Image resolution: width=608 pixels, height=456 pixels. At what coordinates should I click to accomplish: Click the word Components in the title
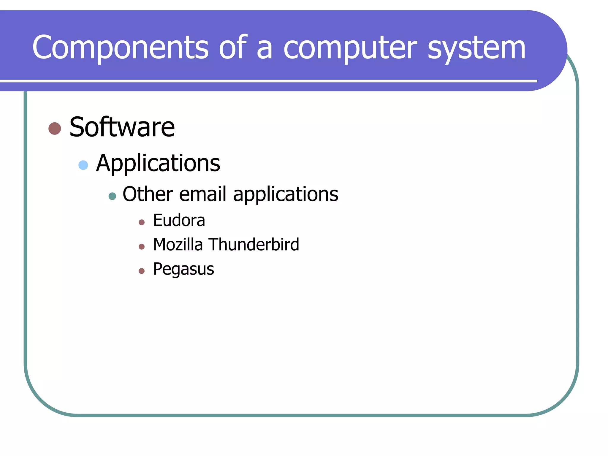[120, 47]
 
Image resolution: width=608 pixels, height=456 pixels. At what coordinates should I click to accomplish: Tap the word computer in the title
[350, 47]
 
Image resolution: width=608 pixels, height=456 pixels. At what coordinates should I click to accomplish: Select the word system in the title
[476, 47]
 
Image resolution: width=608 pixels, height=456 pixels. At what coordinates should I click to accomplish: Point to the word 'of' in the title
[232, 47]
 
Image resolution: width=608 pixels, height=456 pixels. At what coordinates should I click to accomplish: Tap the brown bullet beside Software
[55, 129]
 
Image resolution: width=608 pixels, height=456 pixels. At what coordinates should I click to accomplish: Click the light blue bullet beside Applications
[83, 165]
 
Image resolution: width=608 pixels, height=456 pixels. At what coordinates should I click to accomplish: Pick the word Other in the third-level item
[148, 194]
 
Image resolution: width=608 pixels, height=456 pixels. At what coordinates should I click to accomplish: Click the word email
[203, 194]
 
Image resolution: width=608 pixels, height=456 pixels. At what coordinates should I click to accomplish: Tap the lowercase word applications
[286, 195]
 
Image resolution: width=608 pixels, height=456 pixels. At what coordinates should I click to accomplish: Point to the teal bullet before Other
[112, 196]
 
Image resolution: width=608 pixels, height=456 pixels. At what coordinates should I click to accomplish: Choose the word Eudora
[179, 220]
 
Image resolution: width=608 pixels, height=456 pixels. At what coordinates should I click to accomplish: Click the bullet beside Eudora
[142, 222]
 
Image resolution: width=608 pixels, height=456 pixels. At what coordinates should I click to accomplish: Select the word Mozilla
[178, 245]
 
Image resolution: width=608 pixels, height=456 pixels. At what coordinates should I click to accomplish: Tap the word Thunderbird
[254, 245]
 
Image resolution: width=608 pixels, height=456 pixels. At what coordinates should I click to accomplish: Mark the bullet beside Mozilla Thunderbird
[142, 247]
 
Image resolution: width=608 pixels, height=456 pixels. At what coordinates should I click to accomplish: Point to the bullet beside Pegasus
[142, 271]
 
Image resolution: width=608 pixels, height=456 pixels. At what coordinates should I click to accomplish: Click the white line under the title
[267, 81]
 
